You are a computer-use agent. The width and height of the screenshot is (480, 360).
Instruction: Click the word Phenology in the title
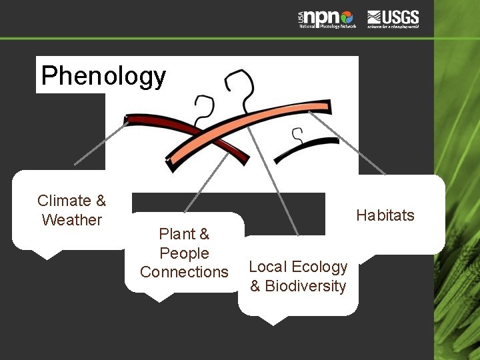click(x=103, y=75)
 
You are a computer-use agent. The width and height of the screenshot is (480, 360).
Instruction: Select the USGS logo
click(x=393, y=19)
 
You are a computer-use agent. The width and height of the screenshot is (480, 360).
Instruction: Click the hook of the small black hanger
click(x=297, y=135)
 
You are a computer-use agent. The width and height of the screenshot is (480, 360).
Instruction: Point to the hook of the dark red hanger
click(x=204, y=110)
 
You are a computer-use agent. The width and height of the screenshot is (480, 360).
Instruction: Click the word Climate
click(x=63, y=201)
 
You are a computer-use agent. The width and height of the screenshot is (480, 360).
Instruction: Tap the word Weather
click(x=71, y=220)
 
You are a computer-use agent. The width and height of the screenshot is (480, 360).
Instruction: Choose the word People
click(x=184, y=253)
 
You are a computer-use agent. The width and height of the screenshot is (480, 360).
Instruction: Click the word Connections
click(x=184, y=272)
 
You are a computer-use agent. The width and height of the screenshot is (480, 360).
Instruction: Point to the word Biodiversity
click(x=305, y=286)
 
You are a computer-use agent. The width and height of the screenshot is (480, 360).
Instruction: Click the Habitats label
click(x=385, y=215)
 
